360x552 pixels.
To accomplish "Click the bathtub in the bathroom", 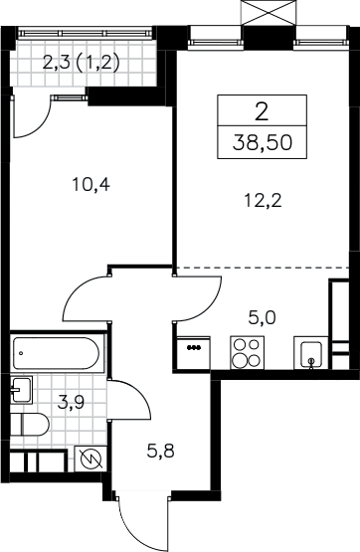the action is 58,353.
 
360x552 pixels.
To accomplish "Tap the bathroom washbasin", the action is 21,390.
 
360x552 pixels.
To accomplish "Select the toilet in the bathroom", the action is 29,425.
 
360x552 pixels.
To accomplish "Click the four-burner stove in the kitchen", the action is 248,353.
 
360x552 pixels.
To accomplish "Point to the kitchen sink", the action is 311,353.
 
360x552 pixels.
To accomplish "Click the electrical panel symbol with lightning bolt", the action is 90,459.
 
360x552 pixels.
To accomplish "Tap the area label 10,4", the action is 91,184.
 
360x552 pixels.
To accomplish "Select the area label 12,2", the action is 263,201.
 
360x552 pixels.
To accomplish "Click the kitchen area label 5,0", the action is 262,318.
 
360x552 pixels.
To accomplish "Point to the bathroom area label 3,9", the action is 71,402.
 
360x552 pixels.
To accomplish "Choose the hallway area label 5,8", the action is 161,451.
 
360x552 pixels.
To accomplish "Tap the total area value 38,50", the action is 263,143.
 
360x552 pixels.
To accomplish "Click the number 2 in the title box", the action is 262,113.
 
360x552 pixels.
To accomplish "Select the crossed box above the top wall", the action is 268,13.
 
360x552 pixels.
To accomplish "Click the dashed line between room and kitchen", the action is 263,268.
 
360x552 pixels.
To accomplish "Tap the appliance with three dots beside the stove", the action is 194,353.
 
